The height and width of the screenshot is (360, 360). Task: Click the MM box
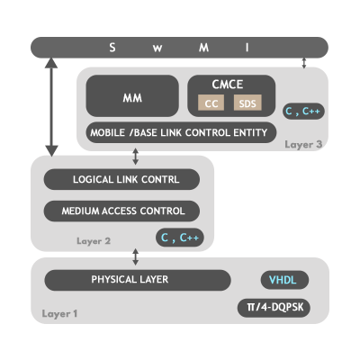click(132, 95)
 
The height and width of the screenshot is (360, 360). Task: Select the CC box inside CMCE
click(211, 103)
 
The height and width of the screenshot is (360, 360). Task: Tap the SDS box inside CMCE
click(247, 103)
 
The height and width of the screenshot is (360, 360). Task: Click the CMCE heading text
click(228, 85)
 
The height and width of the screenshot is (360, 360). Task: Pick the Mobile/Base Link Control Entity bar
click(181, 132)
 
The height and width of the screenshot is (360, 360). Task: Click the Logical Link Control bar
click(121, 179)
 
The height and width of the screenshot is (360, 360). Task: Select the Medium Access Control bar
click(121, 211)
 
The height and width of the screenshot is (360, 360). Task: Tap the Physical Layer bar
click(138, 280)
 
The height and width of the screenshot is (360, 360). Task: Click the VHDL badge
click(284, 280)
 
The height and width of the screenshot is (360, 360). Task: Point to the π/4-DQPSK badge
click(274, 308)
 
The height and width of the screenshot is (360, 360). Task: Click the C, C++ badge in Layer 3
click(303, 111)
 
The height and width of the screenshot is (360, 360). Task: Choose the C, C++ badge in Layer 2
click(180, 238)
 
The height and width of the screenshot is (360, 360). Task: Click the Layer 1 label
click(59, 314)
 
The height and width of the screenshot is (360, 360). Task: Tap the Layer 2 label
click(94, 241)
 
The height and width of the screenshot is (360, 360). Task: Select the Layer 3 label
click(303, 144)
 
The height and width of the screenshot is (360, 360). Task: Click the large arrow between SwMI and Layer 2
click(51, 107)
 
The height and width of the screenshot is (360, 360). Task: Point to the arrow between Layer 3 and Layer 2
click(136, 157)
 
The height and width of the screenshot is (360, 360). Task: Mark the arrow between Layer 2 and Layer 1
click(136, 256)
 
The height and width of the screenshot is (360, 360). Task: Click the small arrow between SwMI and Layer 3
click(304, 63)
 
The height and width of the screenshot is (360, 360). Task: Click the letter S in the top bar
click(112, 48)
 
